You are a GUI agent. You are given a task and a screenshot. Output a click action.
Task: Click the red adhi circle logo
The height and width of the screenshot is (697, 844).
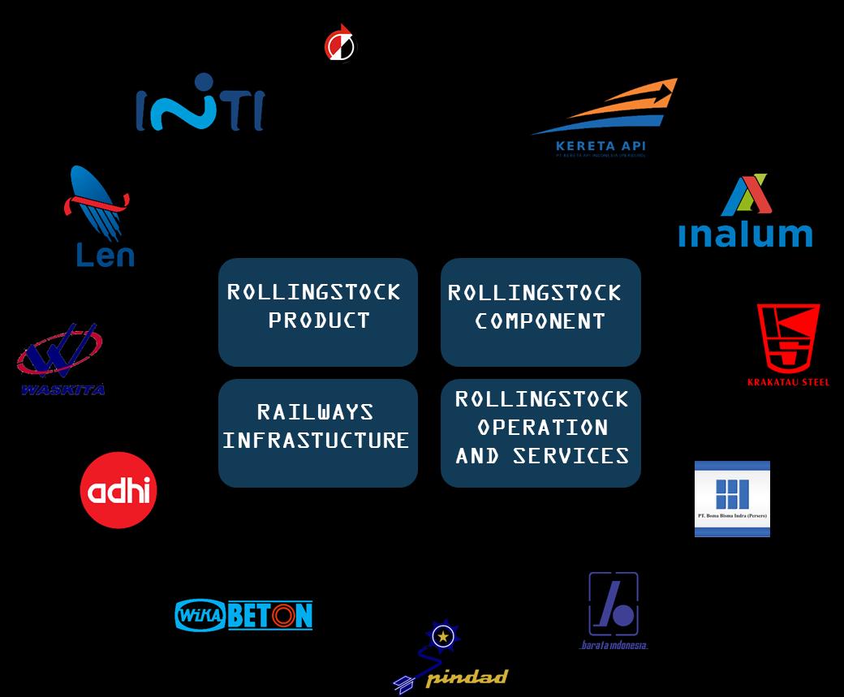click(x=118, y=490)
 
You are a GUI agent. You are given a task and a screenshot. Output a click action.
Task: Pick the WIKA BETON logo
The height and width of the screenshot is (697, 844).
click(x=244, y=615)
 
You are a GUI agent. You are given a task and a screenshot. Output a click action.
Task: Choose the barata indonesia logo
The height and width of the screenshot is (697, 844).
click(x=614, y=610)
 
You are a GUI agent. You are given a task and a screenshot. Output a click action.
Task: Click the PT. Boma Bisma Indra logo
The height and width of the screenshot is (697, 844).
click(x=732, y=498)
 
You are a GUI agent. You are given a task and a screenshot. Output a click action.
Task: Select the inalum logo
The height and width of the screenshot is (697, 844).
click(x=745, y=213)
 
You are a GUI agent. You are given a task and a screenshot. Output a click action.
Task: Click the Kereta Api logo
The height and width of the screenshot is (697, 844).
click(x=605, y=118)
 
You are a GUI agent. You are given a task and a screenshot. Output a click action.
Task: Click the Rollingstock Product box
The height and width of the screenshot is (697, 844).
click(x=317, y=312)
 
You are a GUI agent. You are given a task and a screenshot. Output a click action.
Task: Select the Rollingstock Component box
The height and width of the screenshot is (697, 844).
click(x=540, y=312)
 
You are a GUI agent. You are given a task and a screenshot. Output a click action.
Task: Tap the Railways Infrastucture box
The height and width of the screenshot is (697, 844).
click(x=317, y=432)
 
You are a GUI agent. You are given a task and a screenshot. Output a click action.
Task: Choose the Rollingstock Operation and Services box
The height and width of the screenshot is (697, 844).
click(x=540, y=432)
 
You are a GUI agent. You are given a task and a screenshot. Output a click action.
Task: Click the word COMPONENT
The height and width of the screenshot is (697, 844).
click(x=540, y=321)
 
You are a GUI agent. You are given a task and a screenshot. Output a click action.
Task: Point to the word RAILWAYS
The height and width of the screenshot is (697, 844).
click(x=315, y=412)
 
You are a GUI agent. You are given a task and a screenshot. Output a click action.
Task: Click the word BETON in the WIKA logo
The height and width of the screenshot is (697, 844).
click(x=269, y=616)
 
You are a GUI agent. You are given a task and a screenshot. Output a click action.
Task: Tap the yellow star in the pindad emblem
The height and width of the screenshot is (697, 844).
click(x=443, y=636)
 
